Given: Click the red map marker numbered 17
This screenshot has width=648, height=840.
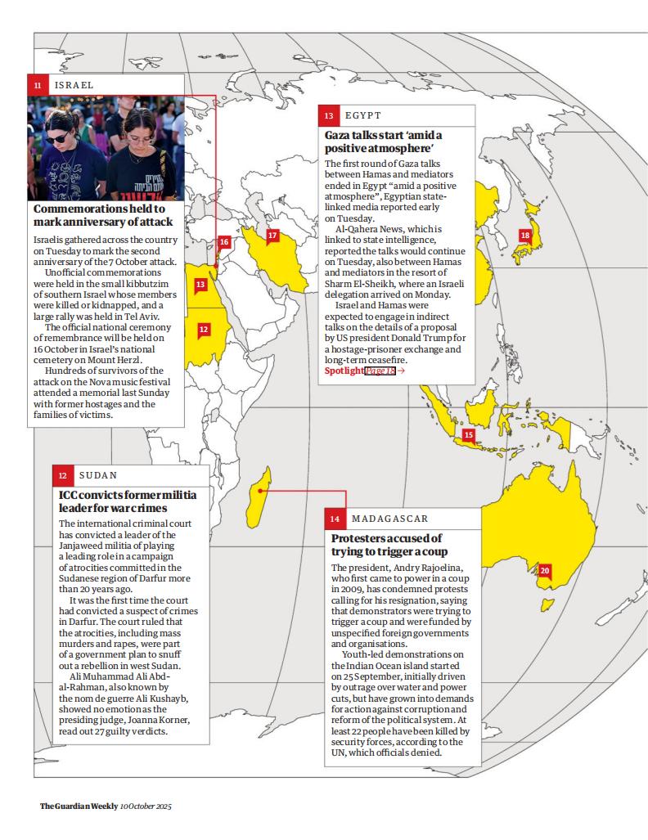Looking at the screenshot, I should point(272,236).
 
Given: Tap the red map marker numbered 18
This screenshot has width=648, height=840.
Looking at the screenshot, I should point(525,236).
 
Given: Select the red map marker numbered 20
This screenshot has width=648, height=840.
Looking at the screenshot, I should point(545,570).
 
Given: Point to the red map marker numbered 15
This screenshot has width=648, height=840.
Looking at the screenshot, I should point(469,435).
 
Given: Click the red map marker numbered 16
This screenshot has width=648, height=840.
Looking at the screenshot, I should point(223,242).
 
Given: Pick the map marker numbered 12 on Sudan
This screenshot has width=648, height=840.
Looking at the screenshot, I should point(204,329).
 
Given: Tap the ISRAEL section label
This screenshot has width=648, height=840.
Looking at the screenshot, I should point(74,84).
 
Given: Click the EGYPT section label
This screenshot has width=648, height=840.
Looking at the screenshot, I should point(362,115).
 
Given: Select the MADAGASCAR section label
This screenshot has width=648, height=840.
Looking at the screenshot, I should point(389,519).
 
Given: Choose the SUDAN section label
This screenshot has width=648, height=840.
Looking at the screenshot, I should point(98,475).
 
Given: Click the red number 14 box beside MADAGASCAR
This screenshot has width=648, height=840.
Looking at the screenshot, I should point(335,519).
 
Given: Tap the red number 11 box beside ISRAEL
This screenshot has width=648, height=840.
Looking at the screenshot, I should point(37,84).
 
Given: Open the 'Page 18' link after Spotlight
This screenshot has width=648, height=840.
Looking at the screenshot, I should point(380,371).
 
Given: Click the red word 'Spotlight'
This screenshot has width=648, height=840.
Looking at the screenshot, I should point(344,371).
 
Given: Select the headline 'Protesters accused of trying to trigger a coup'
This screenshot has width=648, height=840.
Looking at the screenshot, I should point(386,546).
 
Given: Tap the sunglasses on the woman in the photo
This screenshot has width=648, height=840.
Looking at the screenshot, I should point(57,138).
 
